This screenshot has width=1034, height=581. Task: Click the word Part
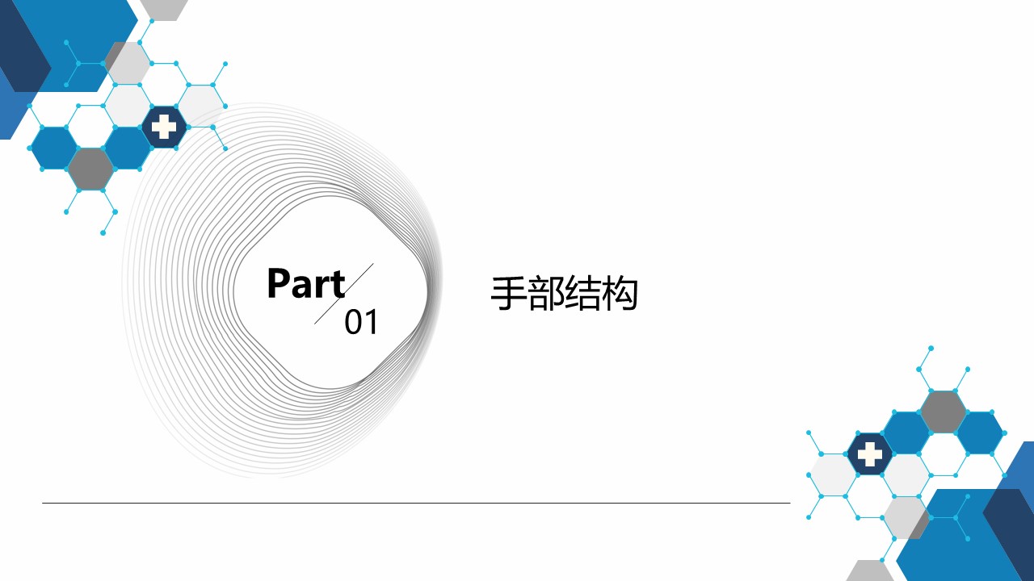(305, 284)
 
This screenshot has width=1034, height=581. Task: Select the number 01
(361, 323)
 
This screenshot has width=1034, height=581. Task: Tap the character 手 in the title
(508, 295)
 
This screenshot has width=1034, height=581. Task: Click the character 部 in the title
(545, 295)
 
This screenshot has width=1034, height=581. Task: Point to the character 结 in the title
(582, 295)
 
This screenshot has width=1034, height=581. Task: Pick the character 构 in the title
(620, 295)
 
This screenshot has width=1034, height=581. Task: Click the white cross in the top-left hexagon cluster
(165, 127)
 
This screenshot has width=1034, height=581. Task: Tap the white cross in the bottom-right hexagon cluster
(870, 454)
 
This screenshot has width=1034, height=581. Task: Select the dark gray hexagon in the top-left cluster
(90, 169)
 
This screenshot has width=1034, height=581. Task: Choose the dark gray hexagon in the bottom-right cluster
(943, 412)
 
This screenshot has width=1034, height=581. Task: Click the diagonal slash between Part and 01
(344, 294)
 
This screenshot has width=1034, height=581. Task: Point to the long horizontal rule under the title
(416, 503)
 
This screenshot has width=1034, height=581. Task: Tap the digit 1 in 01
(371, 323)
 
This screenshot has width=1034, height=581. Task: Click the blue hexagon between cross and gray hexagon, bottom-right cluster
(906, 433)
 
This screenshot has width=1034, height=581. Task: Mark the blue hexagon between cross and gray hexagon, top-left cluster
(127, 148)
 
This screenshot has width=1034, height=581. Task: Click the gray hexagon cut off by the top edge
(164, 7)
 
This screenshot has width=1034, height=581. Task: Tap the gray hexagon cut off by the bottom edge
(870, 571)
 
